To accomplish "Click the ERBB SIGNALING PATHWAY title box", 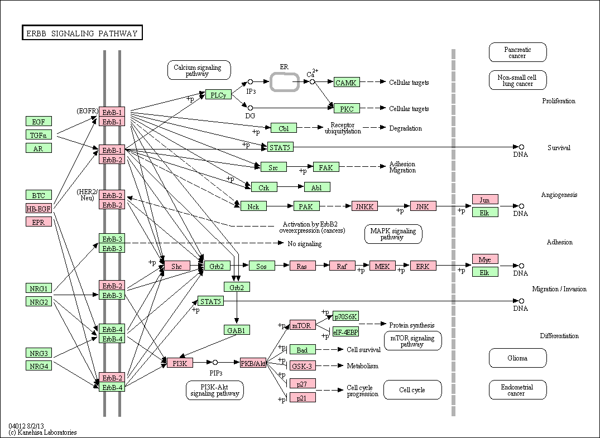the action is pyautogui.click(x=82, y=33).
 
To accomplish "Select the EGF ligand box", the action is pyautogui.click(x=39, y=122).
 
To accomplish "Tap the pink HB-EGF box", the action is pyautogui.click(x=39, y=209).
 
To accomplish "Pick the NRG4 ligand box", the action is pyautogui.click(x=39, y=366).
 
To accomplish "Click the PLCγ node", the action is pyautogui.click(x=218, y=95).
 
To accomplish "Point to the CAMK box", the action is pyautogui.click(x=347, y=82).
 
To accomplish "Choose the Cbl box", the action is pyautogui.click(x=284, y=128).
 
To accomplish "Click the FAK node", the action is pyautogui.click(x=326, y=167).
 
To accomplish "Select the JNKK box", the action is pyautogui.click(x=364, y=206).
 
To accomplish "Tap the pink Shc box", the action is pyautogui.click(x=177, y=266).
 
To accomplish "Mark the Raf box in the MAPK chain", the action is pyautogui.click(x=342, y=266).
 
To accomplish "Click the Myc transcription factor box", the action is pyautogui.click(x=485, y=259).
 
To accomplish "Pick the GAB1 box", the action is pyautogui.click(x=237, y=330).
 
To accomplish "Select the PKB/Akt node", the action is pyautogui.click(x=253, y=363).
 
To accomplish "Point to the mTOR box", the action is pyautogui.click(x=303, y=325).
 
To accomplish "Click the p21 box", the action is pyautogui.click(x=303, y=397).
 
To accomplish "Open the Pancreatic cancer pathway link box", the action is pyautogui.click(x=518, y=52).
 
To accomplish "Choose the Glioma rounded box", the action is pyautogui.click(x=518, y=358).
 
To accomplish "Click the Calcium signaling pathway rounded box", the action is pyautogui.click(x=199, y=70).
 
